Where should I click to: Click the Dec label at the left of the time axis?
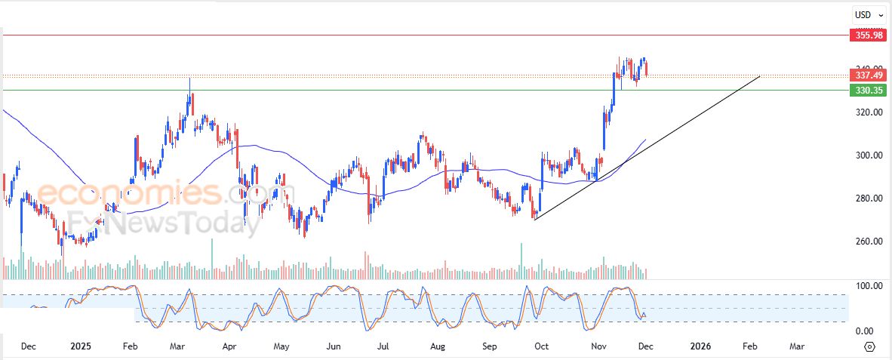29,346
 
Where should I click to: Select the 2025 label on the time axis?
80,346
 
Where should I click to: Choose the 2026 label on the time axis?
701,346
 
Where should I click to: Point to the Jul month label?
383,346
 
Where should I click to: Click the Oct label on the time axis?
541,346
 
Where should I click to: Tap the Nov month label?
599,346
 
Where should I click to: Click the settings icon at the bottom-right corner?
869,346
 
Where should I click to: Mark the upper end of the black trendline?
759,76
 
